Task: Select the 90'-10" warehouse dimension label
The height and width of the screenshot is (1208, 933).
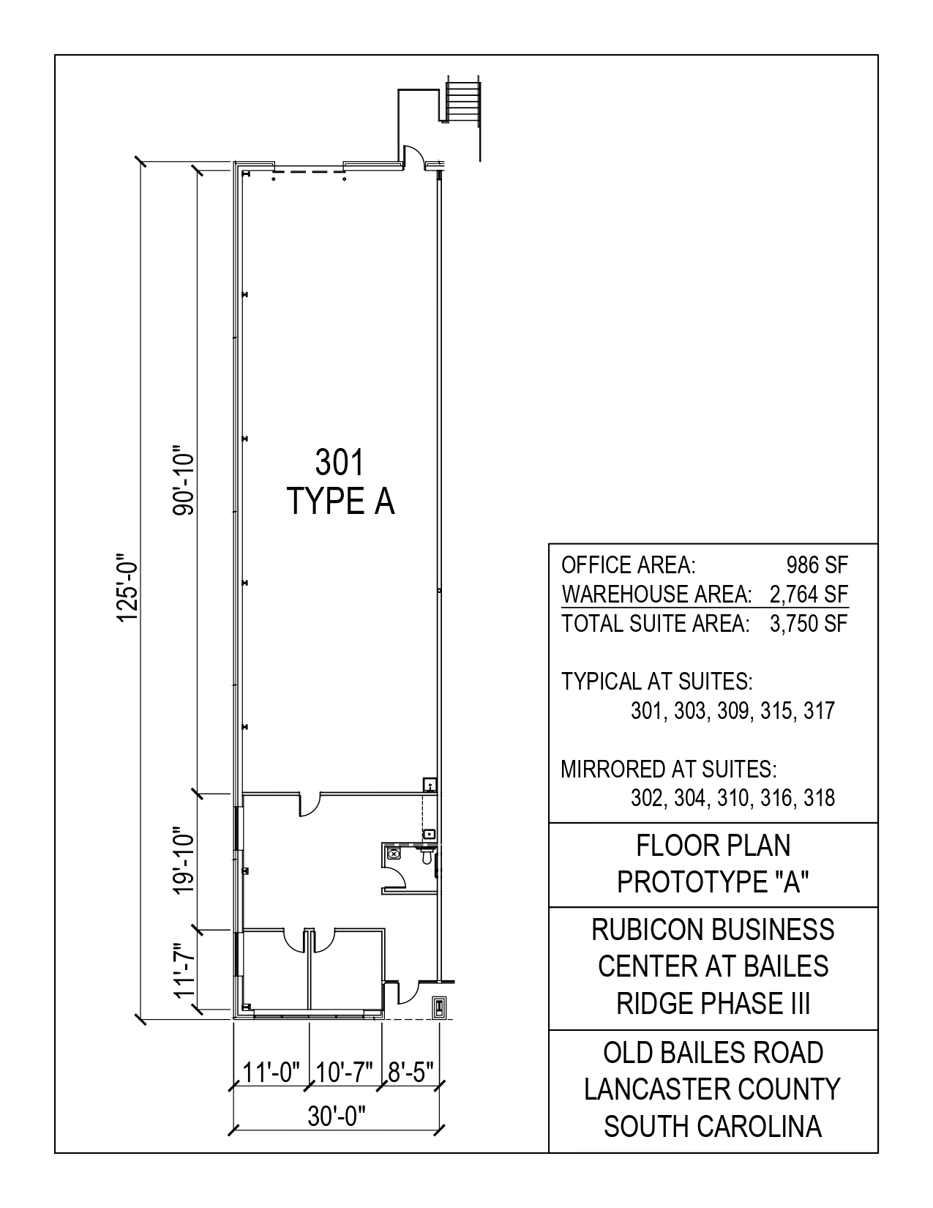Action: pos(184,480)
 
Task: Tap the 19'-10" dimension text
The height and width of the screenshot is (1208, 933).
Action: pos(184,863)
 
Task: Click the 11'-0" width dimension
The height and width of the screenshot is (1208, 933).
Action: pos(271,1073)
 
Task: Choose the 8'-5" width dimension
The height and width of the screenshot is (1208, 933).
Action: pos(411,1073)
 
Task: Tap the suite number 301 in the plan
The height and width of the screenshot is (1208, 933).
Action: pos(340,463)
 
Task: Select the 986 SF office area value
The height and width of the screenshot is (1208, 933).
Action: pos(817,565)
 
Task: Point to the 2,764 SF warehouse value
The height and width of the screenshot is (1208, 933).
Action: pos(809,594)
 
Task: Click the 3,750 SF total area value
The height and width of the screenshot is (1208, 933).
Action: pos(809,624)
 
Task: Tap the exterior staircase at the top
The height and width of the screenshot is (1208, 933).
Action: pos(462,102)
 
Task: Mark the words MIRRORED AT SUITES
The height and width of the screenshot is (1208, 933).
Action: pos(669,769)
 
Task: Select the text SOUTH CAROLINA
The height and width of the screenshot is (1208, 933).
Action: pos(713,1127)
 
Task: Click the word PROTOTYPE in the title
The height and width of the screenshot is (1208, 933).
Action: pos(687,881)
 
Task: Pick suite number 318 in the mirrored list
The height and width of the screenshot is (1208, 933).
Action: pos(819,798)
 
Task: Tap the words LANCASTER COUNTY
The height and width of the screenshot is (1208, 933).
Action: pos(713,1089)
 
